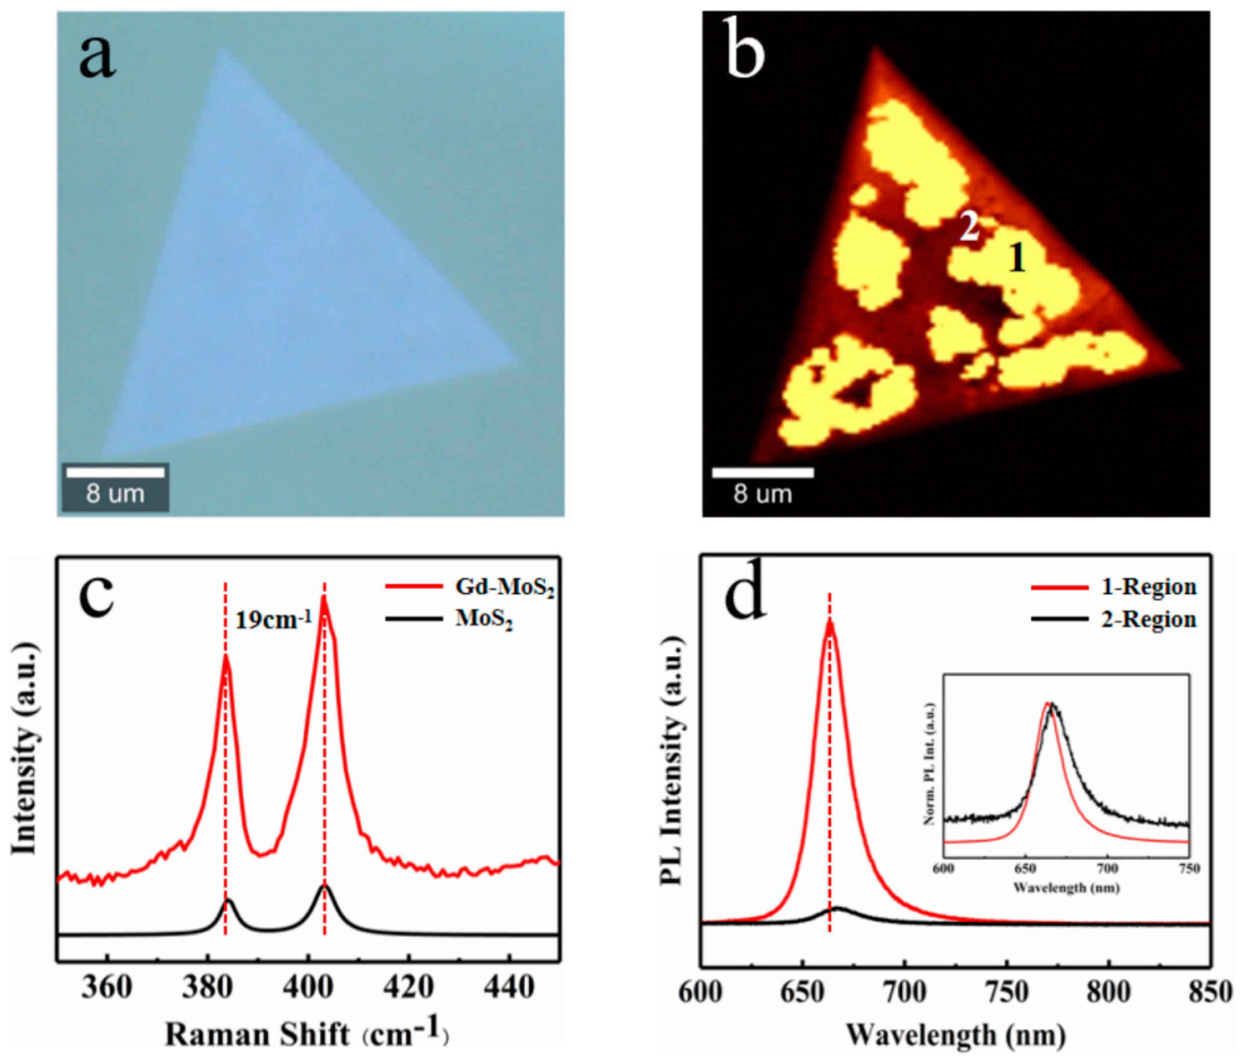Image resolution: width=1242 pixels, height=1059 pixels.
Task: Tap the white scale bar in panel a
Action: coord(115,473)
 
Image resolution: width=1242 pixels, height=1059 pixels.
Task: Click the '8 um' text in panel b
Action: coord(762,495)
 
